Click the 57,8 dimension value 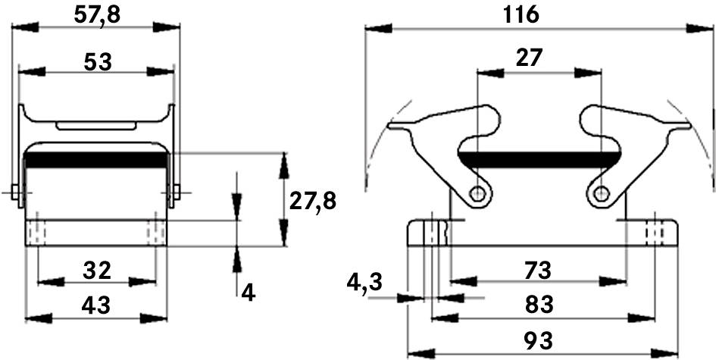(x=97, y=15)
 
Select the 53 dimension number (x=98, y=62)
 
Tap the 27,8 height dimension (x=313, y=201)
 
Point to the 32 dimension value (x=97, y=271)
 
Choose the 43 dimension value (x=96, y=305)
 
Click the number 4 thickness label (x=248, y=293)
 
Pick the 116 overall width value (x=521, y=15)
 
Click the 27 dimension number (x=529, y=58)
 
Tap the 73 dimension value (x=539, y=271)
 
